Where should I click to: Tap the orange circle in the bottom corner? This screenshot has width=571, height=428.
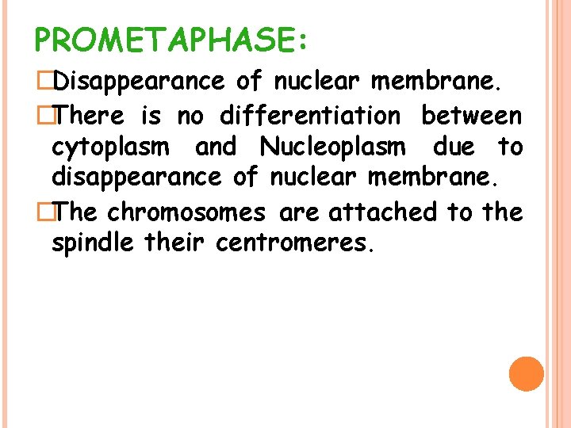(527, 373)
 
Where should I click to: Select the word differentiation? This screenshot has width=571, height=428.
(310, 116)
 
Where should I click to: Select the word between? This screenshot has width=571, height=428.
(472, 116)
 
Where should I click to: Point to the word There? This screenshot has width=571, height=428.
(90, 116)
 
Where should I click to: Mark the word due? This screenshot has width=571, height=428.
(453, 147)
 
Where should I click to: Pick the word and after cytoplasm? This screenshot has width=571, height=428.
(215, 147)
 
